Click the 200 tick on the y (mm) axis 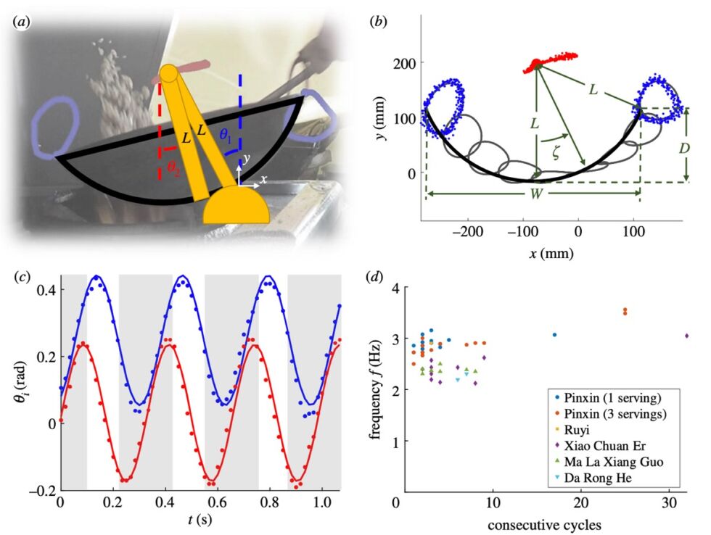405,64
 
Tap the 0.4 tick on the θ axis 46,290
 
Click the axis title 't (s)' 202,522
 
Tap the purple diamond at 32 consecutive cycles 687,336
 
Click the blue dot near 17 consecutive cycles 555,335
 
